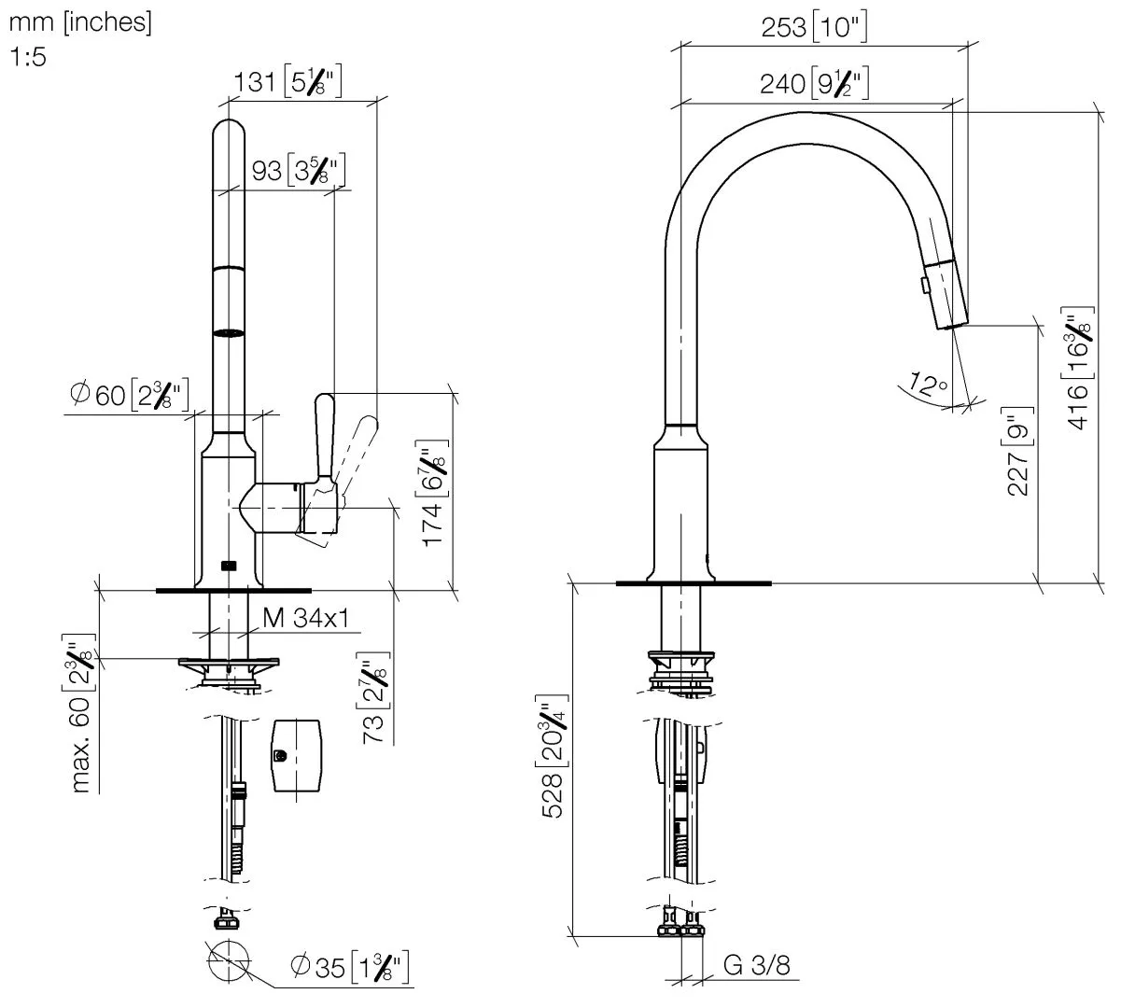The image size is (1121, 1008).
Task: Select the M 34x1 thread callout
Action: tap(305, 618)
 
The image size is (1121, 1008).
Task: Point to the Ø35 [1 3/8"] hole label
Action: tap(349, 967)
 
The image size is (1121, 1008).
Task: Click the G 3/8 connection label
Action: tap(756, 965)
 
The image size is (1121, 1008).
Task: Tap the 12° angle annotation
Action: tap(925, 385)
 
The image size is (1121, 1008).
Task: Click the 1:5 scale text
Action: tap(28, 57)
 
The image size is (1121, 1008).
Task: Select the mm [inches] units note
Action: tap(79, 22)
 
